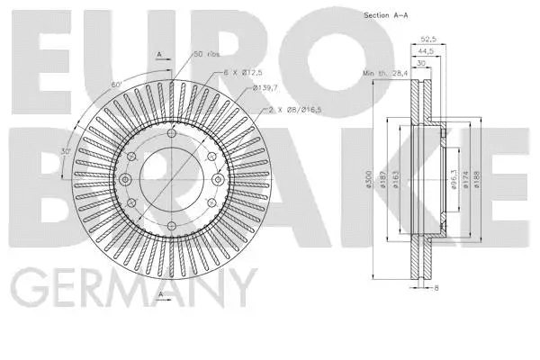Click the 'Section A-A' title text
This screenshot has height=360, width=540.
click(x=385, y=16)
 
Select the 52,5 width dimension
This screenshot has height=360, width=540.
click(x=429, y=40)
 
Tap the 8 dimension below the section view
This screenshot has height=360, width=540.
click(x=436, y=288)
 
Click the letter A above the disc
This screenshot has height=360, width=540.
click(x=159, y=54)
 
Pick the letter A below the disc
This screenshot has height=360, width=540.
click(x=159, y=293)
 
